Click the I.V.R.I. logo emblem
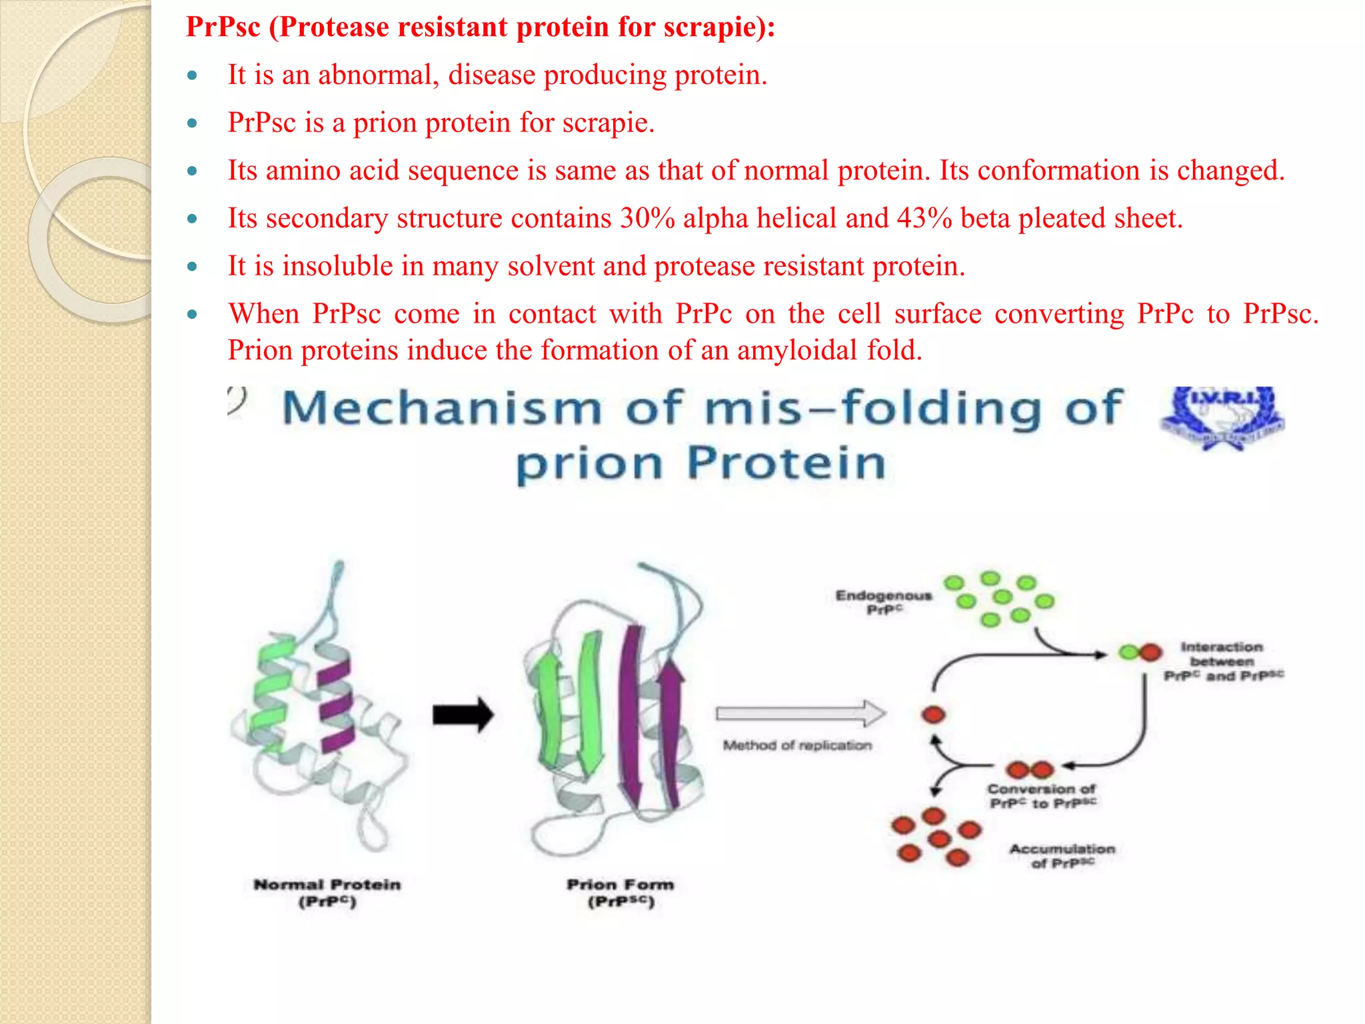(1222, 417)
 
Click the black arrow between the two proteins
(463, 715)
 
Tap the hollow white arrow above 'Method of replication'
(800, 713)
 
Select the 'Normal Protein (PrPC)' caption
(327, 893)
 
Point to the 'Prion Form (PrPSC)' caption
(621, 893)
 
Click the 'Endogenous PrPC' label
(884, 602)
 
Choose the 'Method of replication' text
(797, 745)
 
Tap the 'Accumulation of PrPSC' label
(1062, 856)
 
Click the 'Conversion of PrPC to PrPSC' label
(1042, 796)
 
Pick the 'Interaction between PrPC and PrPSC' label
(1222, 661)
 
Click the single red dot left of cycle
(933, 715)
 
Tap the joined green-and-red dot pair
(1140, 652)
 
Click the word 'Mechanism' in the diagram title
(442, 408)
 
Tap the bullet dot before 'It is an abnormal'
(193, 75)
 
